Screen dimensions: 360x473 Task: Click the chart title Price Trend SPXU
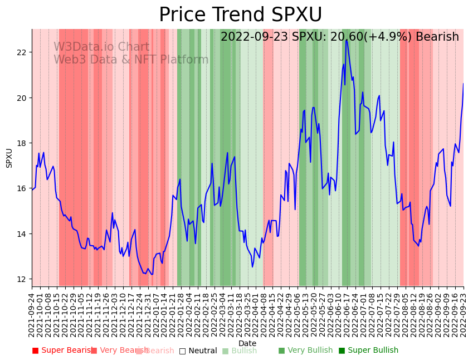pos(240,15)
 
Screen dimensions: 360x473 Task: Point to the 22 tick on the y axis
pos(22,52)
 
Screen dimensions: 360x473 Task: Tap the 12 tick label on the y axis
pos(22,279)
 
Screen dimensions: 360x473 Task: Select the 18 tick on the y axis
pos(22,143)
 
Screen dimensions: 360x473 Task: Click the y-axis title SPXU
pos(9,158)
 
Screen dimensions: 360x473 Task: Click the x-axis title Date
pos(247,343)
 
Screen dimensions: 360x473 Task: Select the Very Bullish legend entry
pos(305,351)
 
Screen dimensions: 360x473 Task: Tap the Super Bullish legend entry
pos(368,351)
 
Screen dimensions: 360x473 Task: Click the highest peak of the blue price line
pos(347,40)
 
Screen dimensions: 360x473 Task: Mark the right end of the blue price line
pos(463,84)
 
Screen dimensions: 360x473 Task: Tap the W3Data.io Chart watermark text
pos(101,47)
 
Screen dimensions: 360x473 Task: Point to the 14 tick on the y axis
pos(22,233)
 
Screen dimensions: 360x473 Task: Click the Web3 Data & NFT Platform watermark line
pos(131,60)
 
